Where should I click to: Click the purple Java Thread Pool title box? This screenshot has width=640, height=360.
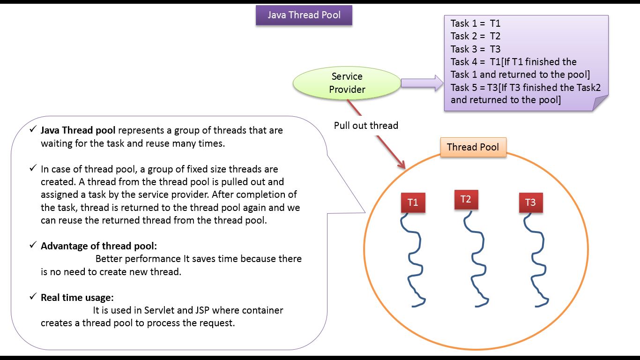[x=304, y=15]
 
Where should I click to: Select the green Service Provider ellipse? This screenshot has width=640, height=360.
[x=347, y=83]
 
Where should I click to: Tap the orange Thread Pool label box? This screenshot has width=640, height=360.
[x=473, y=147]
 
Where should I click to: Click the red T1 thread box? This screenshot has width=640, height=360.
[x=413, y=202]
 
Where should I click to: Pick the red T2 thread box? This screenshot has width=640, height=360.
[x=466, y=199]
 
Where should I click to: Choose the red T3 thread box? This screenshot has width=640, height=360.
[x=530, y=202]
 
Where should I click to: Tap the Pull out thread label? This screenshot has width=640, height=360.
[x=366, y=126]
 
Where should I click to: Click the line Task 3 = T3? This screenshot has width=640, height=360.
[x=476, y=49]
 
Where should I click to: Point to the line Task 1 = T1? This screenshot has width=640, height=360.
[x=476, y=23]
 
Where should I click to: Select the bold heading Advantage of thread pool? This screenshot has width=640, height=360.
[x=98, y=246]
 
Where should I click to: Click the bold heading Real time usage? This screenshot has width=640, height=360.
[x=77, y=298]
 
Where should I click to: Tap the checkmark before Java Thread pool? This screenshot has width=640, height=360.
[x=33, y=129]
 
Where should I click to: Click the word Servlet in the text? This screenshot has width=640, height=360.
[x=159, y=310]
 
